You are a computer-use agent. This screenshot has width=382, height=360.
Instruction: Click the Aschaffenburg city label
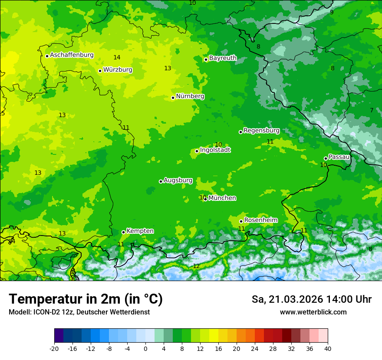(x=72, y=55)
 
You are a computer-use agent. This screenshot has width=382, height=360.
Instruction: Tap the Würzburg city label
(x=118, y=70)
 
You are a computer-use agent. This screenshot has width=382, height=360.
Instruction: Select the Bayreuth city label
(x=223, y=58)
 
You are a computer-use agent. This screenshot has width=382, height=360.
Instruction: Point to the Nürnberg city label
(x=190, y=96)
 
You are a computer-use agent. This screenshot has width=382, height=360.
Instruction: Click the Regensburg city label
(x=261, y=131)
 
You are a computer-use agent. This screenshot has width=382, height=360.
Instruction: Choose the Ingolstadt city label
(x=215, y=150)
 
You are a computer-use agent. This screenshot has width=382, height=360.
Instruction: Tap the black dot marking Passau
(x=326, y=158)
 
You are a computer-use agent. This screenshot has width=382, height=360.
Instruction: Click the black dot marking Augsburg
(x=161, y=181)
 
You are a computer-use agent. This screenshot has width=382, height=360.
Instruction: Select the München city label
(x=222, y=198)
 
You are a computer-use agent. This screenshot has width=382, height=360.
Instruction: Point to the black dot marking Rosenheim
(x=241, y=221)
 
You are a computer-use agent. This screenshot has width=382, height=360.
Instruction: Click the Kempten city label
(x=140, y=231)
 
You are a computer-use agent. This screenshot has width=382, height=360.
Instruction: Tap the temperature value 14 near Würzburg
(x=117, y=57)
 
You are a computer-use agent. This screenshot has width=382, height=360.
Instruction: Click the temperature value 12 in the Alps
(x=196, y=266)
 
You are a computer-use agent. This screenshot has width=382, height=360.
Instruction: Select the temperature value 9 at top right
(x=332, y=12)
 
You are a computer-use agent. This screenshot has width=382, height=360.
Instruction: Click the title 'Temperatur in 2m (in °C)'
(x=86, y=299)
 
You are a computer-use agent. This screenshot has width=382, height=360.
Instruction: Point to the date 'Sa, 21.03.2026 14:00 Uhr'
(x=311, y=299)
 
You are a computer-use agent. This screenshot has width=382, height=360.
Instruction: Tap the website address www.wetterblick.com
(x=313, y=312)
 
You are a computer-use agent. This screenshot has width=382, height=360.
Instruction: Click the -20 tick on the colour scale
(x=54, y=348)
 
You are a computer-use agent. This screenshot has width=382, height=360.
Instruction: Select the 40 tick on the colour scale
(x=328, y=348)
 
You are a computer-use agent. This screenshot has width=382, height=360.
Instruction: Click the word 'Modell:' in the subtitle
(x=20, y=312)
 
